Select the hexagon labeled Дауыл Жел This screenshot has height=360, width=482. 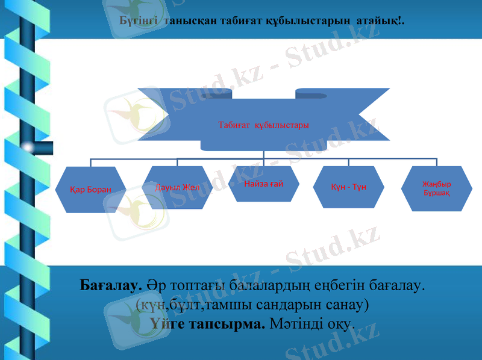[x=177, y=187]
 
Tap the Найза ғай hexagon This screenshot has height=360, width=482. [x=264, y=183]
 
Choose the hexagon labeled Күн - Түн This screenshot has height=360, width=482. [x=349, y=187]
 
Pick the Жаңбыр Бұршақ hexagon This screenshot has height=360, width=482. [x=436, y=188]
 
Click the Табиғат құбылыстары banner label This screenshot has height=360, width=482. [x=263, y=125]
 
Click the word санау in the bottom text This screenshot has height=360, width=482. [x=346, y=304]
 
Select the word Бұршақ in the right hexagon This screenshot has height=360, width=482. [x=436, y=193]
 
